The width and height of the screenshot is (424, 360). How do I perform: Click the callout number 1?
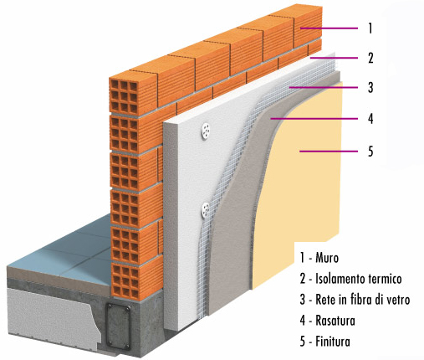point(370,28)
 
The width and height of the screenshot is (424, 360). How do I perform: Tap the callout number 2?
point(370,58)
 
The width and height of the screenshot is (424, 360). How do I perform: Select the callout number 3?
point(370,87)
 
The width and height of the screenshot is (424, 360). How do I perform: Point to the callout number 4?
point(370,119)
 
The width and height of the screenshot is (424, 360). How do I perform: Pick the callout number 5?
point(370,152)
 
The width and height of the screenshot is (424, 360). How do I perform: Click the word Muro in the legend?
point(327,258)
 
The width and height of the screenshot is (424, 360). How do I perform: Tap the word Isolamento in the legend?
point(336,279)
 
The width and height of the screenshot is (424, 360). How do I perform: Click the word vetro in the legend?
point(399,300)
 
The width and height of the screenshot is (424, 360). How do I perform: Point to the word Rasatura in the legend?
point(335,321)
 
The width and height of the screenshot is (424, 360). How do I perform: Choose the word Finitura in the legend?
point(333,342)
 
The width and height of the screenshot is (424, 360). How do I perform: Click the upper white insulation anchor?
point(206,131)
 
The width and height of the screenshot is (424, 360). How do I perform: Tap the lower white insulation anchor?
point(205,210)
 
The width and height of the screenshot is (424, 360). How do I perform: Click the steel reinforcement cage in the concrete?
point(118,327)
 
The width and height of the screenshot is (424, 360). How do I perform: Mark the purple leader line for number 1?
point(329,28)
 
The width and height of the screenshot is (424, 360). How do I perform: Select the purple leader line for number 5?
point(329,152)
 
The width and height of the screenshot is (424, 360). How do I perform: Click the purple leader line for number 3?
point(324,87)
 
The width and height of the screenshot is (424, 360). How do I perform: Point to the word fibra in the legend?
point(360,300)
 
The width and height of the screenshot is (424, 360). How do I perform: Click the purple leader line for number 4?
point(314,119)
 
